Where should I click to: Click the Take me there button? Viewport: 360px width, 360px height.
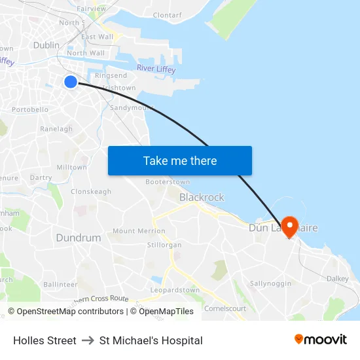[180, 160]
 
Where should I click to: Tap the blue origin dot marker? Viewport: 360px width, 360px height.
[71, 81]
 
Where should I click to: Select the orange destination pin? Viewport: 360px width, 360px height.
[289, 226]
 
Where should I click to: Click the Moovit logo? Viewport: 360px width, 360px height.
[321, 340]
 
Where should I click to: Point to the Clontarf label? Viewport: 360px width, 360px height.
[167, 14]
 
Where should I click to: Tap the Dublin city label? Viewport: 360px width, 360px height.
[46, 46]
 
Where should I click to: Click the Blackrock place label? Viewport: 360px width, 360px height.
[202, 197]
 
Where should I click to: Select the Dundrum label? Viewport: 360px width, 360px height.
[79, 238]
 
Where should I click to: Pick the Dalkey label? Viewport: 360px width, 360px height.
[338, 278]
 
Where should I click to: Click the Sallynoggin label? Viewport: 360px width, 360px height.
[270, 283]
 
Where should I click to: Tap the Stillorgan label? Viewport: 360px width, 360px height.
[164, 245]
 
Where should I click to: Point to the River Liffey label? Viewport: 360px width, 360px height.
[156, 69]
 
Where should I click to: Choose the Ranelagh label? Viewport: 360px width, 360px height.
[56, 129]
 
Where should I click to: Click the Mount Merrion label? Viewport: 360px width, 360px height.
[139, 231]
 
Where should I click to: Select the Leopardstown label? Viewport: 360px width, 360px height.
[175, 290]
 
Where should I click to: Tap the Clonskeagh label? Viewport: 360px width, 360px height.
[91, 192]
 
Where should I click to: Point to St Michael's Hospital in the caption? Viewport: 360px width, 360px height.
[151, 340]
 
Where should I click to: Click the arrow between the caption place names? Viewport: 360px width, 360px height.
[88, 340]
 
